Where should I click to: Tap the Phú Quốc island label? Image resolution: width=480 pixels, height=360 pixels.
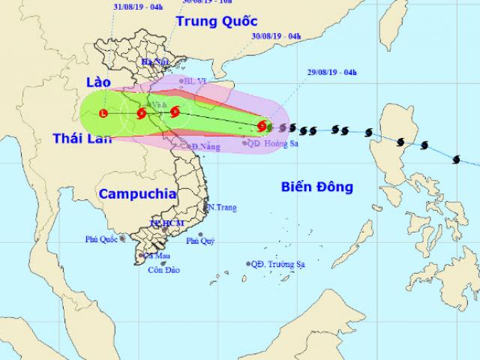[103, 240]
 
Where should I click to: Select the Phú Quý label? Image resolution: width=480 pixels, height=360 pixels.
[199, 241]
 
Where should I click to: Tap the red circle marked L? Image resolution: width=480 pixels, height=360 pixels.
[103, 113]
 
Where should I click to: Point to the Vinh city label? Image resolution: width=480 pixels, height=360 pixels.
[157, 104]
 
